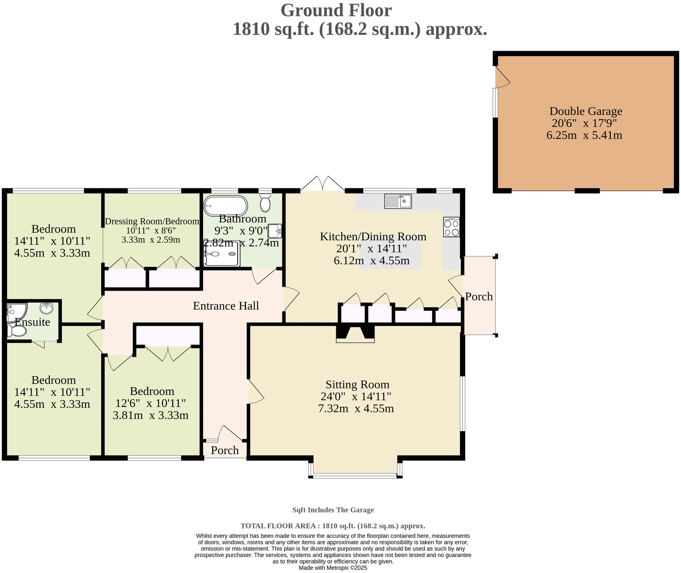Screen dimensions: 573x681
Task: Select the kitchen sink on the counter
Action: pyautogui.click(x=398, y=201)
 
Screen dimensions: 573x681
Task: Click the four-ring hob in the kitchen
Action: pyautogui.click(x=451, y=227)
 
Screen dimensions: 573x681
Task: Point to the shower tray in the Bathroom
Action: pyautogui.click(x=221, y=254)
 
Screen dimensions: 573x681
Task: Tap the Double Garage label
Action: pyautogui.click(x=585, y=111)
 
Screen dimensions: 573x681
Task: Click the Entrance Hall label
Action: pyautogui.click(x=226, y=306)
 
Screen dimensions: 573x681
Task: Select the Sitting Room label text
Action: pyautogui.click(x=357, y=384)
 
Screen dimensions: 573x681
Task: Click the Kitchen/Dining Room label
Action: pyautogui.click(x=373, y=236)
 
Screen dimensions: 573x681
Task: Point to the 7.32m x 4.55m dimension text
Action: pyautogui.click(x=356, y=408)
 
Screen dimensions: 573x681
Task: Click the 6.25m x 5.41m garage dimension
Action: pyautogui.click(x=584, y=135)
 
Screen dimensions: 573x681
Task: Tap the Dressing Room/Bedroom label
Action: pyautogui.click(x=152, y=221)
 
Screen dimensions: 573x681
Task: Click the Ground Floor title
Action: pyautogui.click(x=336, y=10)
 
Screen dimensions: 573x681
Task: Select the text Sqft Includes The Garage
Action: pyautogui.click(x=333, y=510)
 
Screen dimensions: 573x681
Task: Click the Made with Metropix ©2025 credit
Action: pyautogui.click(x=333, y=568)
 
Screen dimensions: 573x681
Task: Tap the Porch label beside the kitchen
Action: pyautogui.click(x=479, y=296)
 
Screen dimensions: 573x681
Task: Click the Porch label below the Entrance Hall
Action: pyautogui.click(x=225, y=450)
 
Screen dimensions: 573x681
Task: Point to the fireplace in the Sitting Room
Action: pyautogui.click(x=355, y=334)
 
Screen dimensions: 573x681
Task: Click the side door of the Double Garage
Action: pyautogui.click(x=501, y=77)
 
